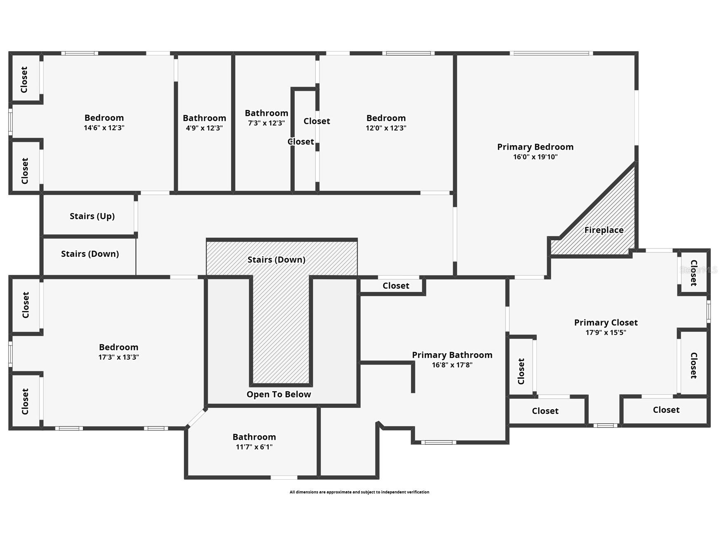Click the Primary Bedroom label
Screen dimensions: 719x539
(x=535, y=147)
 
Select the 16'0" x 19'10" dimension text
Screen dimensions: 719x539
(x=535, y=157)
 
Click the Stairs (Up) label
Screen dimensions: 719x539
(x=92, y=216)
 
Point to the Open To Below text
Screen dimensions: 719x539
(x=279, y=394)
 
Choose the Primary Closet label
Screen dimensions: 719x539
(x=606, y=323)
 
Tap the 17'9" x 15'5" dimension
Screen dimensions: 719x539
(x=606, y=333)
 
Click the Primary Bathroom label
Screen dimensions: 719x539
(x=452, y=355)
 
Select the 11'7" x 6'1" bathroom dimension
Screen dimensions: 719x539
(x=254, y=447)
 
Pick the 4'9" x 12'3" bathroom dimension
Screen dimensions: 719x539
(x=204, y=128)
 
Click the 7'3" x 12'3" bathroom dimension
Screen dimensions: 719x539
(x=266, y=123)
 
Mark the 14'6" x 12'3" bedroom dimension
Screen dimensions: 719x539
(x=104, y=128)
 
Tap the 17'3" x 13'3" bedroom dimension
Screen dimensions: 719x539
(x=118, y=357)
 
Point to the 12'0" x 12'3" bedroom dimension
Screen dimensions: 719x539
(x=386, y=128)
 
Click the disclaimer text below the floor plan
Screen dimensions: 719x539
(x=359, y=492)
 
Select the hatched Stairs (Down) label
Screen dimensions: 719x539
(x=276, y=260)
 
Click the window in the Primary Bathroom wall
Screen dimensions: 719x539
(x=439, y=443)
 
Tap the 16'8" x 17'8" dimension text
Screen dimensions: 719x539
(x=452, y=365)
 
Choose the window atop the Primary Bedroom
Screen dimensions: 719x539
(x=551, y=53)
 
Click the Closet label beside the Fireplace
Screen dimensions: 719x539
(x=693, y=273)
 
